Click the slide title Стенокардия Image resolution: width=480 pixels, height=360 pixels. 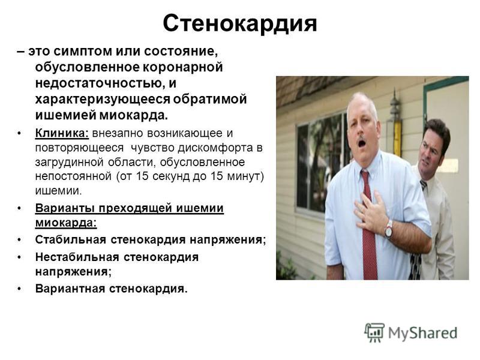pos(239,23)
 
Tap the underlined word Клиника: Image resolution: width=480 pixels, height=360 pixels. pos(62,133)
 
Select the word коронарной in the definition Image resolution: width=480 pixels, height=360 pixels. pos(183,67)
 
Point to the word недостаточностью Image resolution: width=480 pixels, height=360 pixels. pos(100,83)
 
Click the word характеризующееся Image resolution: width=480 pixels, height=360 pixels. pos(103,100)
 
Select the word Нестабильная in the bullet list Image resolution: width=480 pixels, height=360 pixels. pos(78,257)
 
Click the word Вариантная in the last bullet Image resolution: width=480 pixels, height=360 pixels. pos(70,289)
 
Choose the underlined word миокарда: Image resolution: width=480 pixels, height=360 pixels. pos(66,223)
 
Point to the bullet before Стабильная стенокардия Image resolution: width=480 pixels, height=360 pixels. pos(19,239)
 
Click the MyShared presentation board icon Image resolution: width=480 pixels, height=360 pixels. pos(374,332)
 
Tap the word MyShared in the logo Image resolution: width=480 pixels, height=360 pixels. pos(422,333)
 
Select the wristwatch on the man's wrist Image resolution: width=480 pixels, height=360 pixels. pos(389,229)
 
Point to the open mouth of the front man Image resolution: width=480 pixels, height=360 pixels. pos(362,143)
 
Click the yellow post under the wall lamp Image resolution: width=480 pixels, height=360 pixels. pos(397,139)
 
